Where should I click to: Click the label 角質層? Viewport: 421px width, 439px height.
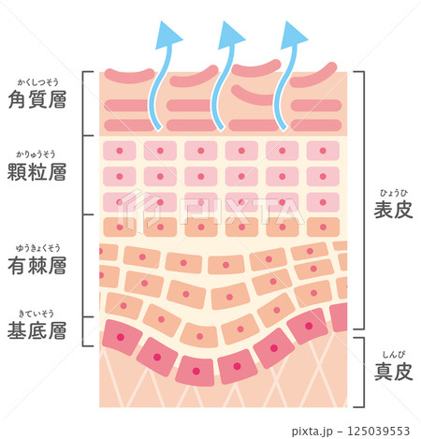pos(37,99)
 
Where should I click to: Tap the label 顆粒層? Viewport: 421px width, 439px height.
pos(37,171)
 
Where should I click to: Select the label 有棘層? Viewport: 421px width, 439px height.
pos(37,266)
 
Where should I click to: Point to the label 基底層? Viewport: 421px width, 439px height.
pos(37,330)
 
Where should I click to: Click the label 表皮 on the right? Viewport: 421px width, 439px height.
pos(394,210)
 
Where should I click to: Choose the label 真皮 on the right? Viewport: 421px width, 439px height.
pos(394,372)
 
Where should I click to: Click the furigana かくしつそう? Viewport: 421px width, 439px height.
pos(37,82)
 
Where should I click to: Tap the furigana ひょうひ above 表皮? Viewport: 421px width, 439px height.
pos(394,193)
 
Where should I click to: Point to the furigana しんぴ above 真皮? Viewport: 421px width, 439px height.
pos(394,355)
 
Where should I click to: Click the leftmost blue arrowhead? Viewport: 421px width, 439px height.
pos(167,36)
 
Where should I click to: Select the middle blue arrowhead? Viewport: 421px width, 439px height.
pos(231,36)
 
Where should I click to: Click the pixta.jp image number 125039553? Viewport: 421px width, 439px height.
pos(378,432)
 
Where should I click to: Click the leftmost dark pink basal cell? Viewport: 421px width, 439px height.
pos(122,337)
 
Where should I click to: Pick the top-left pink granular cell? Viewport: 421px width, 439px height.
pos(120,151)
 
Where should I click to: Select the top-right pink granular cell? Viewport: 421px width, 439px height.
pos(323,151)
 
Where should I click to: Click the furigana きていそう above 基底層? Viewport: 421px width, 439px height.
pos(36,314)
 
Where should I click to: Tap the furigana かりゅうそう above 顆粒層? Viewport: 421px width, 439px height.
pos(36,154)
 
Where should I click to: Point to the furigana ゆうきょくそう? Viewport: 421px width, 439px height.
pos(38,248)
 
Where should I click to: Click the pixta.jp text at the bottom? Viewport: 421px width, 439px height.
pos(312,432)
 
